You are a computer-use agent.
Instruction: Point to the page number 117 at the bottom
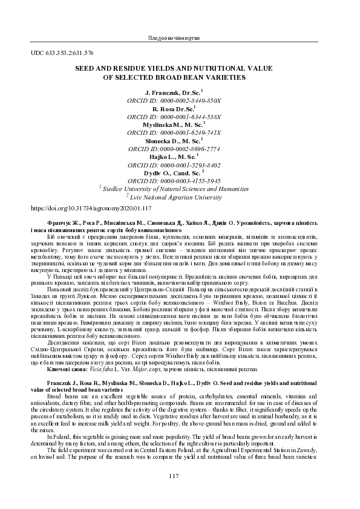174,476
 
